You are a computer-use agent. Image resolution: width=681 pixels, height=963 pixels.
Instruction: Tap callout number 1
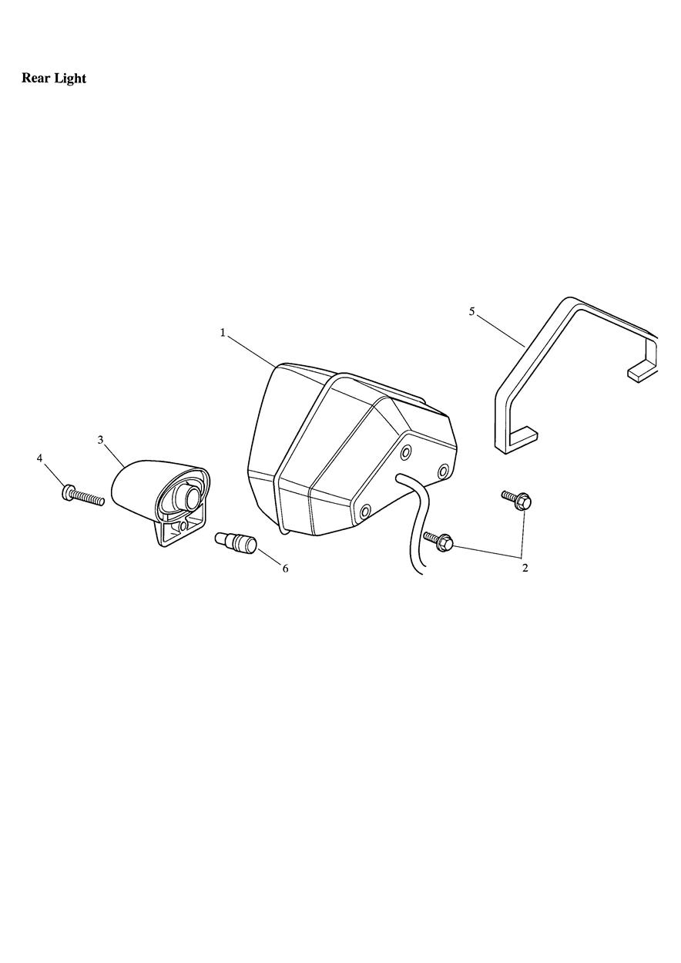click(223, 333)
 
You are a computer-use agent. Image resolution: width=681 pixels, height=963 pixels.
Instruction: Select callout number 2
click(525, 568)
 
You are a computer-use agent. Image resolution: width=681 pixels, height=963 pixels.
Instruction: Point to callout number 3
click(101, 441)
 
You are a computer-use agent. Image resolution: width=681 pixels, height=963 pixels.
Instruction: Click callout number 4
click(39, 458)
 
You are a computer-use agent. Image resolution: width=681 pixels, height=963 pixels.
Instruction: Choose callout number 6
click(285, 569)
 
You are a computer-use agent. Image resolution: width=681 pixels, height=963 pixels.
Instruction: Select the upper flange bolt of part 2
click(517, 500)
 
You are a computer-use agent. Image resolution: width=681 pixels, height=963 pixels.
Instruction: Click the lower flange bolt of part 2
click(438, 542)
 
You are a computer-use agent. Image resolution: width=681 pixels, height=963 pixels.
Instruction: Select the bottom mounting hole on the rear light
click(365, 512)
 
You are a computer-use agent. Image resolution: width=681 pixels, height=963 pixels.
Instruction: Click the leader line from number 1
click(251, 351)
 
